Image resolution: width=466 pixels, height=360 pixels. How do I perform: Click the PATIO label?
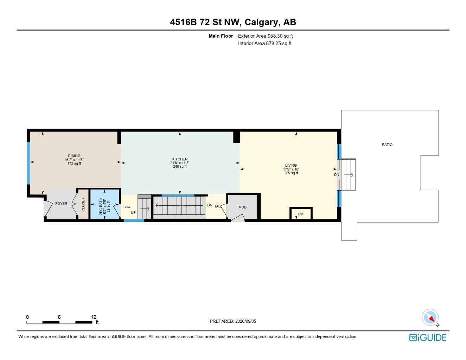pos(387,145)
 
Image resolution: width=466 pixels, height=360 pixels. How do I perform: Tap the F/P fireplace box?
pos(301,213)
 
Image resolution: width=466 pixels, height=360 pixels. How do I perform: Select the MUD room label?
pos(243,207)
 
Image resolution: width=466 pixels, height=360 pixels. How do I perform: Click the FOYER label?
pos(61,203)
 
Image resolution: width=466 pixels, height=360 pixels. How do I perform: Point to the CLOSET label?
pos(83,204)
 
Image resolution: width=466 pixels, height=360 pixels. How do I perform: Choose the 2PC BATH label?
pos(101,206)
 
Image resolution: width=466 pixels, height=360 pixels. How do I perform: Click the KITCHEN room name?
pos(180,159)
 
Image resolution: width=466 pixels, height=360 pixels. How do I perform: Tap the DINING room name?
pos(74,156)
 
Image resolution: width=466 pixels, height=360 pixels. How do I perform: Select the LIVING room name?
pos(291,166)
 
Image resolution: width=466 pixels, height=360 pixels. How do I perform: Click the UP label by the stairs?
pos(133,213)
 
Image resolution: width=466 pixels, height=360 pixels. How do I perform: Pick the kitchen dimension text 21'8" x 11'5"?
pos(180,163)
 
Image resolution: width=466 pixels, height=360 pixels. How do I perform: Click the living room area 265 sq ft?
pos(291,173)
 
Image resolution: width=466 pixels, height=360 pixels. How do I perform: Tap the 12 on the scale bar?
pos(94,317)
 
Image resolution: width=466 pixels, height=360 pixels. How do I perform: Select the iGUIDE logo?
pos(428,338)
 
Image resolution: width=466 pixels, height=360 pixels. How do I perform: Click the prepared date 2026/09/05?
pos(245,321)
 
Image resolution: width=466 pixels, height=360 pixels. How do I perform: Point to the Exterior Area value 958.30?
pos(275,36)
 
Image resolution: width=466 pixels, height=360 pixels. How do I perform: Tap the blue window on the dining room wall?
pos(28,163)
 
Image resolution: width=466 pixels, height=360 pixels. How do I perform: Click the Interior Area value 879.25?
pos(274,43)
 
